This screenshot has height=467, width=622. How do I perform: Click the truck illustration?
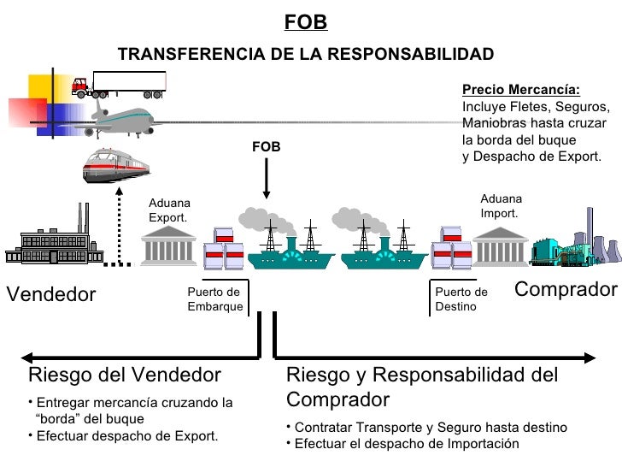pos(119,84)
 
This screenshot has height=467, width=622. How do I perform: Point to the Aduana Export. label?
pos(169,210)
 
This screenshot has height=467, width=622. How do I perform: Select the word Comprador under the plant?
pos(566,290)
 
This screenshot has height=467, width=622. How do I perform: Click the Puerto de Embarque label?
pos(214,299)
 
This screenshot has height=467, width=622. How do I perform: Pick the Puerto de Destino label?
pos(461,299)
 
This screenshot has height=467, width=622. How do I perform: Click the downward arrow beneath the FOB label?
pos(267,180)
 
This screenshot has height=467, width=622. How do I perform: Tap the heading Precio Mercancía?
pos(520,91)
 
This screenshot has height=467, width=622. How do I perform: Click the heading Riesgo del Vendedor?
pos(125,375)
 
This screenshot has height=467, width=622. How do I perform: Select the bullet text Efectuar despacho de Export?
pos(127,436)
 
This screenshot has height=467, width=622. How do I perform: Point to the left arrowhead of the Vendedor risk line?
pos(27,356)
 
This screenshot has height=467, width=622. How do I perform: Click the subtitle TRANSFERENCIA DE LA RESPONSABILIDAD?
pos(305,55)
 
